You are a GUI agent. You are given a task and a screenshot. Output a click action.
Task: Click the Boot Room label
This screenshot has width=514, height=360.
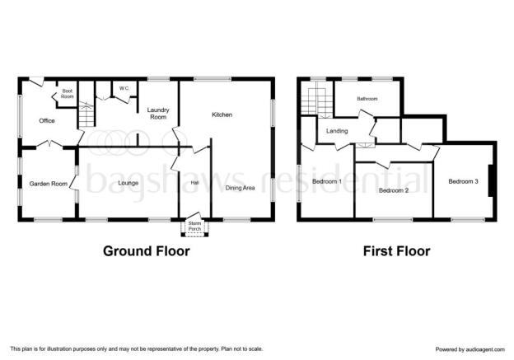pos(68,94)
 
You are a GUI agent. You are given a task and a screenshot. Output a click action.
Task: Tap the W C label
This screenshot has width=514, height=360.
pos(124,88)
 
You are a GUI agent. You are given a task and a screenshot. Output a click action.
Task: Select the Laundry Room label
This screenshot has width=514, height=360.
pos(158,114)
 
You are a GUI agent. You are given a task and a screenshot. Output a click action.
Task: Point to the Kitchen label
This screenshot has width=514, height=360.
pos(222,115)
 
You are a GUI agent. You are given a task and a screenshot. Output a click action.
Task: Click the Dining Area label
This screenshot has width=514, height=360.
pos(241,188)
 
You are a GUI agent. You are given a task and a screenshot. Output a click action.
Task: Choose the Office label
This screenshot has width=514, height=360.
pos(47,120)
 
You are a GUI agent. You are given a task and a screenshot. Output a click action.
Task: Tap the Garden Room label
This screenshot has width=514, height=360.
pos(49,184)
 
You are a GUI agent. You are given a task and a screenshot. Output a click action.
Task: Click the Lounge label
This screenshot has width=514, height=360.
pos(128,183)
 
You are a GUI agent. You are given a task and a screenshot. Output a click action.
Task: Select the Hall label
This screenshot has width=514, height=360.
pos(194,183)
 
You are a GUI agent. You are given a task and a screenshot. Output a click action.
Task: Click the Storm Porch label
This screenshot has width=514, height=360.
pos(194,227)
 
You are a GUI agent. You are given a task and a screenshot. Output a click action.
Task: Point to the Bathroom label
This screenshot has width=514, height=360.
pos(367,99)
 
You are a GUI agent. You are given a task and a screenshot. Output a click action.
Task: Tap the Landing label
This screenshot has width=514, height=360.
pos(337,131)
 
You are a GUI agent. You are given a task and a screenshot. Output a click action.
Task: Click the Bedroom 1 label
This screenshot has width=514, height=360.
pos(327,181)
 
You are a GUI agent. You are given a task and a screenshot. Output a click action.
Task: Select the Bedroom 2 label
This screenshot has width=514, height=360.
pos(394,190)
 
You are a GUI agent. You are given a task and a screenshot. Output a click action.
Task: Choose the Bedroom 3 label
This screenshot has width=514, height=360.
pos(464,181)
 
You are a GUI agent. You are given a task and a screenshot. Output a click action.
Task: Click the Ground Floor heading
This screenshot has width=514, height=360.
pos(147,251)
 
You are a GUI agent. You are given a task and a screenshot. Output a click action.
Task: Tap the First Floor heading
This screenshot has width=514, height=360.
pos(397,251)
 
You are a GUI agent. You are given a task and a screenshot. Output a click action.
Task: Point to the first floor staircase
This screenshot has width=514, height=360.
pos(317,101)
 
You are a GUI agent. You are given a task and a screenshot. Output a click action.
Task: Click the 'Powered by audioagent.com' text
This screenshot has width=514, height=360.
pos(470,349)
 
